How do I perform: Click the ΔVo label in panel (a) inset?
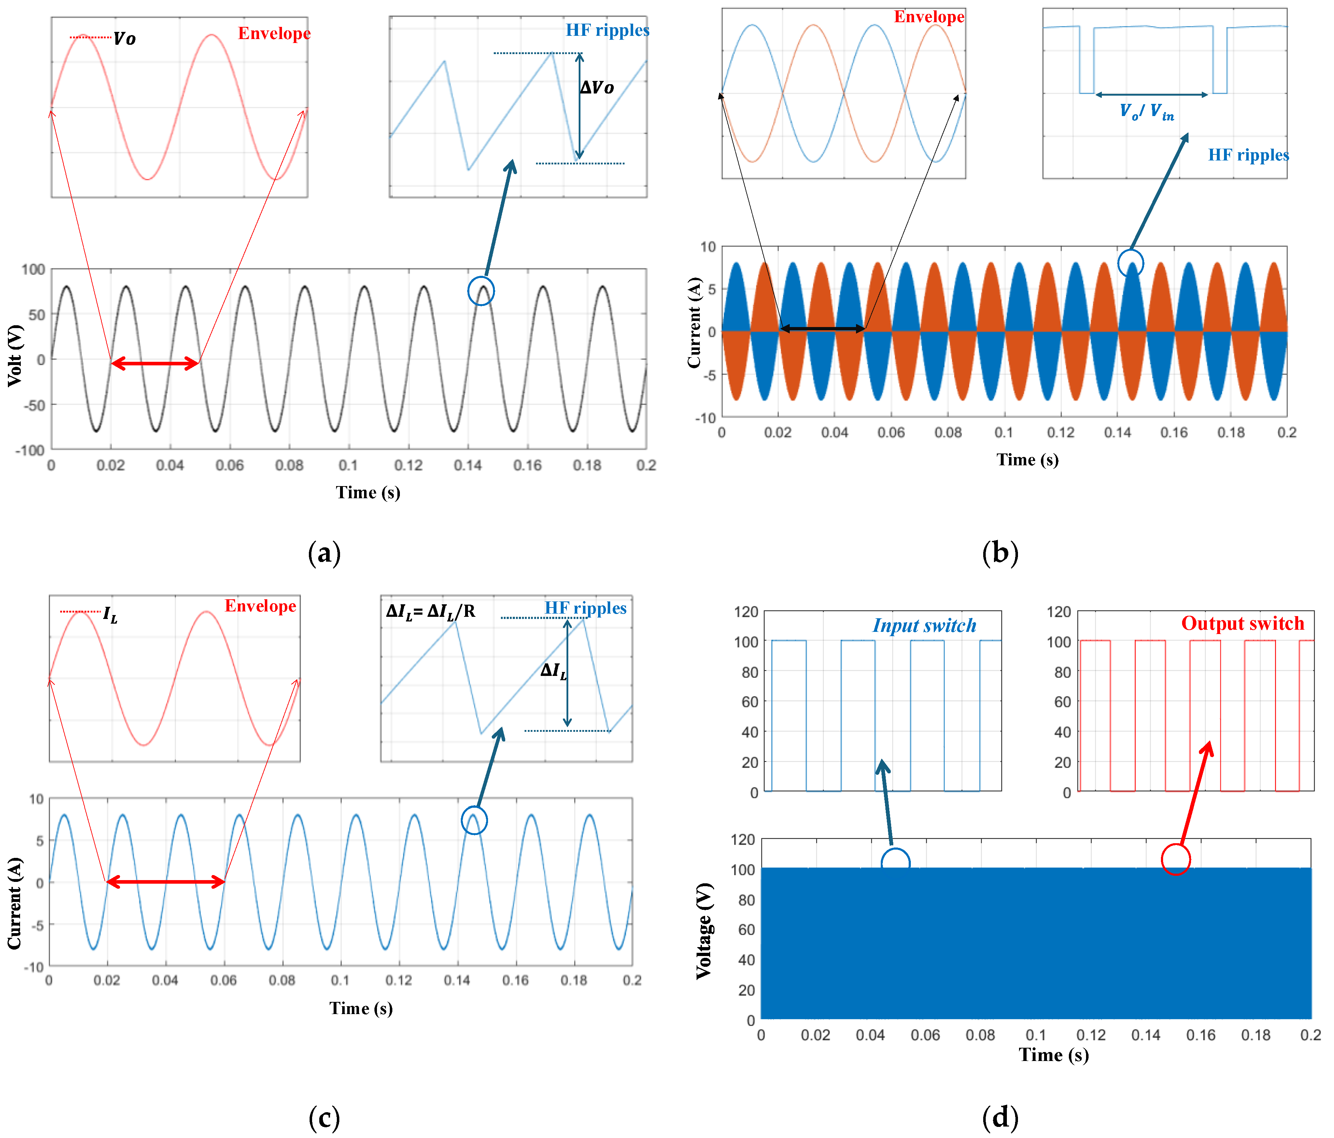[597, 87]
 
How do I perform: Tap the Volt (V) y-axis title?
[15, 356]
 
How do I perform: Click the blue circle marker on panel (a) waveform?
[481, 291]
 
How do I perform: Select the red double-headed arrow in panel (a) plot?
[154, 364]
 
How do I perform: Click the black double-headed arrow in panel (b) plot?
[822, 329]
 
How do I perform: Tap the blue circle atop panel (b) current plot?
[1130, 263]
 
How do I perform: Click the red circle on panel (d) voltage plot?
[1176, 859]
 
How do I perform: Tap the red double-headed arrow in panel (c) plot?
[165, 882]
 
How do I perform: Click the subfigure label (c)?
[324, 1118]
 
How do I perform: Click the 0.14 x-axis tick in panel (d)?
[1146, 1035]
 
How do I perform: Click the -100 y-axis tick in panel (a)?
[30, 450]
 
